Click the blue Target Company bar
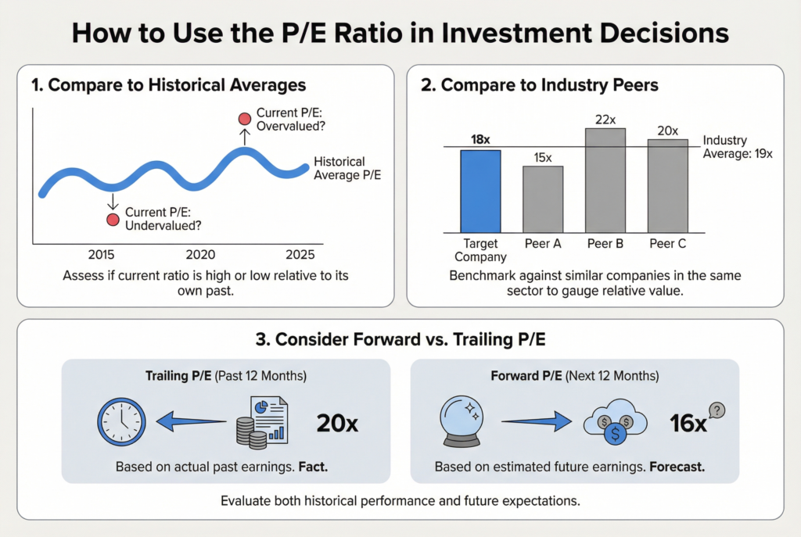[x=480, y=191]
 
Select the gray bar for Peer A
[x=543, y=199]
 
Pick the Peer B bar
[x=605, y=180]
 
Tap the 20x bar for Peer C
[x=667, y=185]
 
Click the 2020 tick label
[x=200, y=256]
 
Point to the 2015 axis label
[x=102, y=256]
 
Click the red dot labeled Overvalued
[x=244, y=119]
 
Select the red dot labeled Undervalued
[x=113, y=220]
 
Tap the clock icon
[x=121, y=423]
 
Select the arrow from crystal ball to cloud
[x=538, y=423]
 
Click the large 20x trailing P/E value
[x=337, y=424]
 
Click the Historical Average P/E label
[x=347, y=168]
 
